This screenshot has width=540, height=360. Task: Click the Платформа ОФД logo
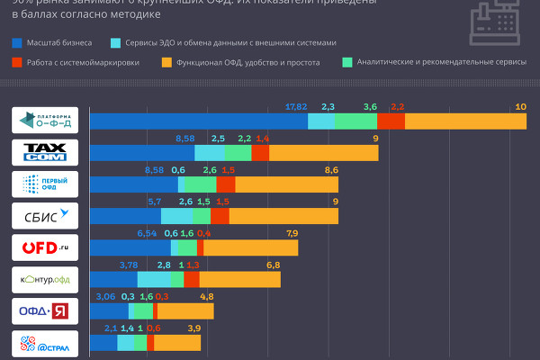point(50,121)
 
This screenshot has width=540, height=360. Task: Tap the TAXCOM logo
point(50,153)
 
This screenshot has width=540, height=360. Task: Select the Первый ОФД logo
point(50,184)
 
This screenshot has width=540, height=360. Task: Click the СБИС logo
point(50,216)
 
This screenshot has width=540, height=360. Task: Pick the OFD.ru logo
point(50,247)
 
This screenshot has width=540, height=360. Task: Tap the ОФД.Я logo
point(50,311)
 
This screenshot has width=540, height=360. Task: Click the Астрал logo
point(50,343)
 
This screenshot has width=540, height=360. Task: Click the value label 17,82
point(295,107)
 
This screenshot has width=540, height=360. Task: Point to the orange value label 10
point(519,107)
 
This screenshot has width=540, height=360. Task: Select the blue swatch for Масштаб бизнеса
point(19,42)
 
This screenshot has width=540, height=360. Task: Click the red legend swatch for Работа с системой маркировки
point(19,63)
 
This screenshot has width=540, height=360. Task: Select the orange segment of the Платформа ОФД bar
point(464,121)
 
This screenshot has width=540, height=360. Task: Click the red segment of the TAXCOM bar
point(260,153)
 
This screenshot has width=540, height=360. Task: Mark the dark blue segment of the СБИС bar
point(125,216)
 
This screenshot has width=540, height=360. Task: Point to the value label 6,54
point(147,233)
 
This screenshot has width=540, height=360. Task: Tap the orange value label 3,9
point(193,328)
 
